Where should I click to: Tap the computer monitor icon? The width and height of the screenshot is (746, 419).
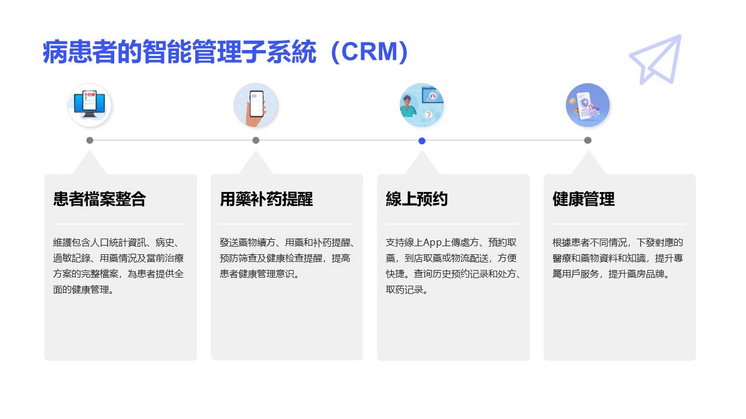coord(89,105)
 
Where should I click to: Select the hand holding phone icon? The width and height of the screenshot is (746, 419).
coord(255,105)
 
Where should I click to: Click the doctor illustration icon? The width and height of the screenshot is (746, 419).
coord(421,105)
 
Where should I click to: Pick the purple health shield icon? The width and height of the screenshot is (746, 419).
coord(587,105)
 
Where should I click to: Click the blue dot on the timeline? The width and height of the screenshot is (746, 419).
coord(422,140)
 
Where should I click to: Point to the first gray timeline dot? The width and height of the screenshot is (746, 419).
coord(90,140)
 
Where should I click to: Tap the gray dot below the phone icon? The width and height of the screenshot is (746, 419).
coord(256,140)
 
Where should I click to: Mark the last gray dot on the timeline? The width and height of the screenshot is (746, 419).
coord(587,140)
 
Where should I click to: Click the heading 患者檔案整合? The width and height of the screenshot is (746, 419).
coord(99,200)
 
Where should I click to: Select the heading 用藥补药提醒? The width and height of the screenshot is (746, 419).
coord(266,200)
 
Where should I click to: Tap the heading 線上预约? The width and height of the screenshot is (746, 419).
coord(417,200)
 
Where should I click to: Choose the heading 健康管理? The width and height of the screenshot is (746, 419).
coord(583,200)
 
